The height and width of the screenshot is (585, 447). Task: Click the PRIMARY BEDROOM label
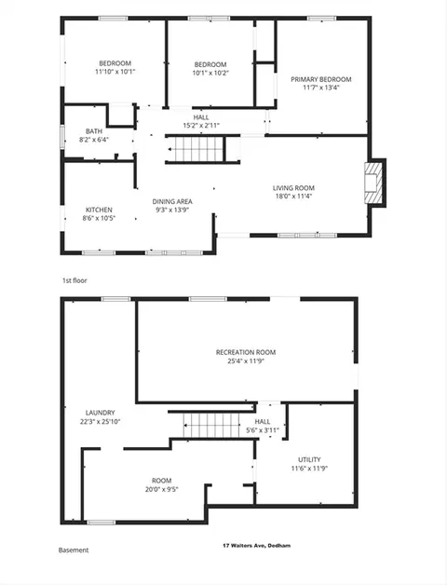pos(321,79)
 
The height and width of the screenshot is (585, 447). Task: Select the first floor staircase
pos(196,149)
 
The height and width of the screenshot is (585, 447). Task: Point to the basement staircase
pos(211,425)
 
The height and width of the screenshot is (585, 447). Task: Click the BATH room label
pos(94,131)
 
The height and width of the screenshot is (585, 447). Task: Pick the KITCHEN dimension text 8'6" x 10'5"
pos(99,218)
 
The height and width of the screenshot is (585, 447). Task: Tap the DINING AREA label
pos(172,201)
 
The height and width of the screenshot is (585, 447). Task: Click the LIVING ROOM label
pos(293,187)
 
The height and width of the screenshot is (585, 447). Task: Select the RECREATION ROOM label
pos(246,352)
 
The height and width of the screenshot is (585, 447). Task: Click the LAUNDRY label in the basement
pos(100,413)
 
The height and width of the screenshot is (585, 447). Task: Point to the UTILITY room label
pos(309,459)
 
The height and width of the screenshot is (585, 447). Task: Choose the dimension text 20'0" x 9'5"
pos(161,489)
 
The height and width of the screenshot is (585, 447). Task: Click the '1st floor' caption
pos(74,280)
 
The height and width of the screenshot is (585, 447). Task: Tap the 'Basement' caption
pos(74,550)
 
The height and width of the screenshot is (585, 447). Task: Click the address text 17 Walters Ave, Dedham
pos(257,546)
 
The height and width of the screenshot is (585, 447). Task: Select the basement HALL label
pos(263,422)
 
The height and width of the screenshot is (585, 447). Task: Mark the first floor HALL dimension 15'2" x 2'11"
pos(201,126)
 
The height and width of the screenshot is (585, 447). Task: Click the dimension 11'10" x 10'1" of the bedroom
pos(115,72)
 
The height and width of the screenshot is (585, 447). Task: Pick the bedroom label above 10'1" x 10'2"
pos(210,64)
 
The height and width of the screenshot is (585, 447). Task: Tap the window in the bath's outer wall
pos(62,137)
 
